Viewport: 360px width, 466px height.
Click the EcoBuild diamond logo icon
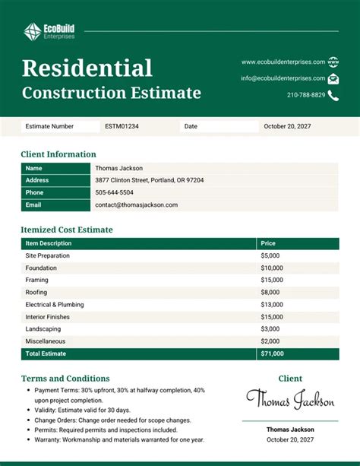pos(32,31)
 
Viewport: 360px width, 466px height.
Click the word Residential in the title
pos(87,68)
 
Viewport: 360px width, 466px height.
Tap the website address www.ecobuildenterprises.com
pos(283,62)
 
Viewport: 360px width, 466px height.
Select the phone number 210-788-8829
pos(306,95)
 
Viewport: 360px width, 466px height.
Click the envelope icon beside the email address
pos(333,78)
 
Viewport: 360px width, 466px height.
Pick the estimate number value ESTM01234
pos(122,127)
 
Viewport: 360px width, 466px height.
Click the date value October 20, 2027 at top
pos(288,127)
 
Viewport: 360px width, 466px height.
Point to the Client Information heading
pos(58,154)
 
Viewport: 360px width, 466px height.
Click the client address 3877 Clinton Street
pos(149,180)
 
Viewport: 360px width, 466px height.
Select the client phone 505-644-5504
pos(114,192)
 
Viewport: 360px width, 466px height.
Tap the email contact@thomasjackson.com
pos(137,204)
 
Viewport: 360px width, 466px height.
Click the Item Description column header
pos(48,243)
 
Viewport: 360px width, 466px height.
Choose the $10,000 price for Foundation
pos(272,268)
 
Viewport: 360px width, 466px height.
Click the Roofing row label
pos(36,292)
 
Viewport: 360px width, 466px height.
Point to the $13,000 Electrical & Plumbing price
pos(272,304)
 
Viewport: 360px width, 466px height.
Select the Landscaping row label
pos(43,328)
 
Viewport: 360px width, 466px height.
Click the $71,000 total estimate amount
pos(272,353)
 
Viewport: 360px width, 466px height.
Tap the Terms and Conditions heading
pos(65,379)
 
